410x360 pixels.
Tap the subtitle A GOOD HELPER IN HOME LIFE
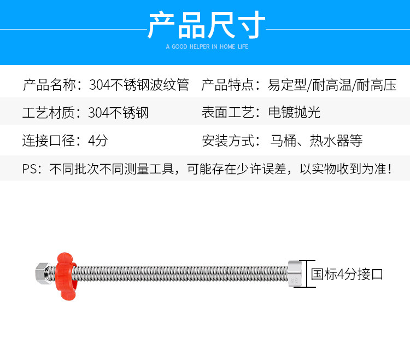(207, 47)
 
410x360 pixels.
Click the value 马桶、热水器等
(317, 141)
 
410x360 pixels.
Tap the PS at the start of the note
(28, 169)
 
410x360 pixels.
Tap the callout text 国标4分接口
(347, 274)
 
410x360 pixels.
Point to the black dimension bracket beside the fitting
(307, 274)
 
